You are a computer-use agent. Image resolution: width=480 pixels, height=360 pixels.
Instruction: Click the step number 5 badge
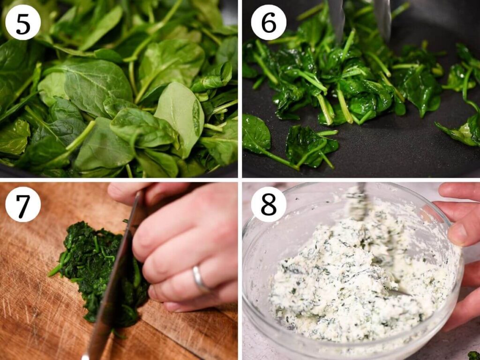click(x=23, y=22)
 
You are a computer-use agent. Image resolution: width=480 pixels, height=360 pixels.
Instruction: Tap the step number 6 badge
click(x=269, y=22)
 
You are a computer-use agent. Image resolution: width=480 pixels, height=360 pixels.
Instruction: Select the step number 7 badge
click(x=23, y=204)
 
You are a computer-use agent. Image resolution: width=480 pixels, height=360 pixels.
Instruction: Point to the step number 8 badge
click(x=269, y=204)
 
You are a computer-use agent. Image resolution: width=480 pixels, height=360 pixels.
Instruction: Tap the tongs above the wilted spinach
click(x=360, y=18)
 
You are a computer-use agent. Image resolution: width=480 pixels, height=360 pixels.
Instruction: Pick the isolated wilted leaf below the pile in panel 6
click(x=309, y=146)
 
